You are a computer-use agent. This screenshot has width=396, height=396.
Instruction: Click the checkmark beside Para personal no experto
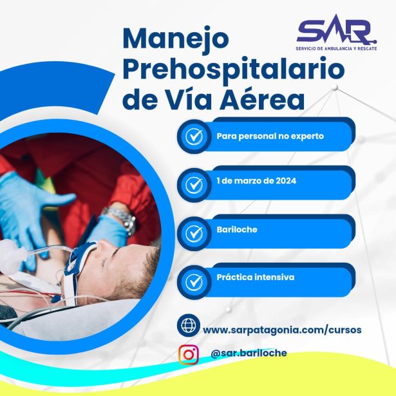tap(194, 137)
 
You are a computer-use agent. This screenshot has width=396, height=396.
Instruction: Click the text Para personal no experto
tap(270, 137)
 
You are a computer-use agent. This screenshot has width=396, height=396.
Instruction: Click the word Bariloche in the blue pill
tap(237, 229)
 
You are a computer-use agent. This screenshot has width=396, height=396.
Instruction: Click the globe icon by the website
tap(189, 325)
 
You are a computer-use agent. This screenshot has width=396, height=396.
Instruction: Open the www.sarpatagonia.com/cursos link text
tap(281, 330)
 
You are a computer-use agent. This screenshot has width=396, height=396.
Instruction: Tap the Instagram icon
tap(189, 354)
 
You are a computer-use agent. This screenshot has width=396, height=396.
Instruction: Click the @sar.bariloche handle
tap(249, 353)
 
